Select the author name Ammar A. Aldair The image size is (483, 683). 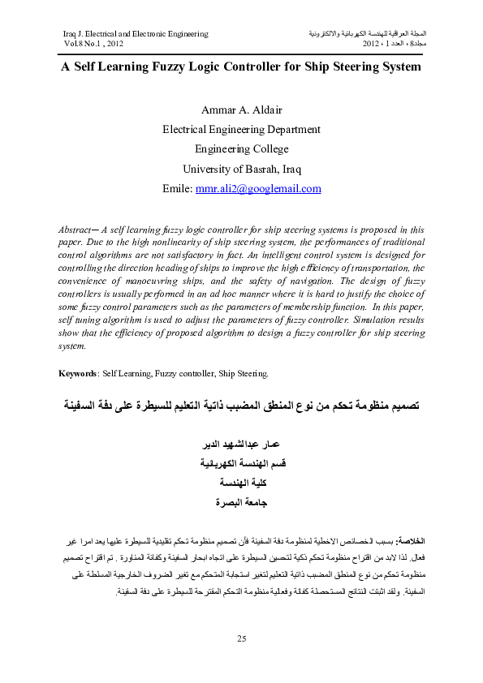point(241,109)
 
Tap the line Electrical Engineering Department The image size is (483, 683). point(241,129)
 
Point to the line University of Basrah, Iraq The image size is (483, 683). point(241,170)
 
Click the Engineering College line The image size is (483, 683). point(241,149)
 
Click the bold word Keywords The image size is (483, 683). point(79,373)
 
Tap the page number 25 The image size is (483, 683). point(241,639)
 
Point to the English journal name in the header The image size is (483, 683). point(135,34)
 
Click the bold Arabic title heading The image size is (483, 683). point(241,403)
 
